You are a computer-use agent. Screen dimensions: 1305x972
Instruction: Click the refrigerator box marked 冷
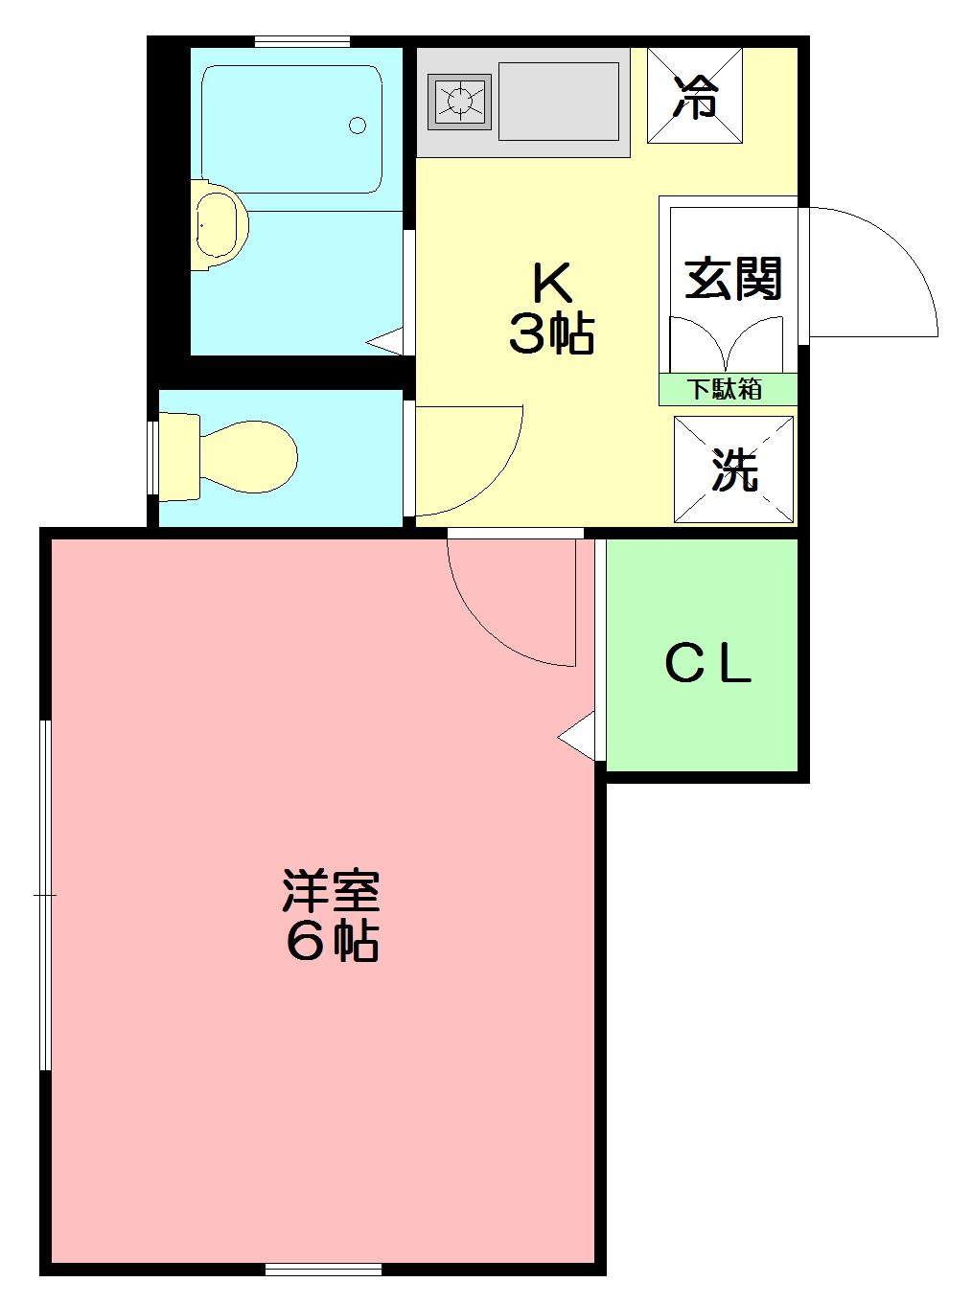coord(695,96)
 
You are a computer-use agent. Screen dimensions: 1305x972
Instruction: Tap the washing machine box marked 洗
coord(734,469)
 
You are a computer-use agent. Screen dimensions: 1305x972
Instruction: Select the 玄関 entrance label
coord(733,279)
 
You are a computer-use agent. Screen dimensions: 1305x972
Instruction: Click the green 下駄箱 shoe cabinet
coord(728,389)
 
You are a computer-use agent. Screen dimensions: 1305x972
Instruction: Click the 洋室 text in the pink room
coord(332,891)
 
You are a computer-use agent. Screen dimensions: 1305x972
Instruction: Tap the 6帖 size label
coord(332,942)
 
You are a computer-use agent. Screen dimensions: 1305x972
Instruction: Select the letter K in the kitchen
coord(552,282)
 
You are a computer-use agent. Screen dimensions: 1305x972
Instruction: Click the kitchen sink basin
coord(559,101)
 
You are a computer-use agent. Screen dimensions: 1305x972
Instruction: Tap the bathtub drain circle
coord(358,125)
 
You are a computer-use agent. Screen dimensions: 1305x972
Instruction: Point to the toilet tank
coord(178,456)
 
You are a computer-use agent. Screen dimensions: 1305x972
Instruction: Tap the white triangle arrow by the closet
coord(577,737)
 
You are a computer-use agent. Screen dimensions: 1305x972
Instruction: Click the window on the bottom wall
coord(323,1270)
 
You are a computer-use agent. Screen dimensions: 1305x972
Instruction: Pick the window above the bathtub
coord(302,41)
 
